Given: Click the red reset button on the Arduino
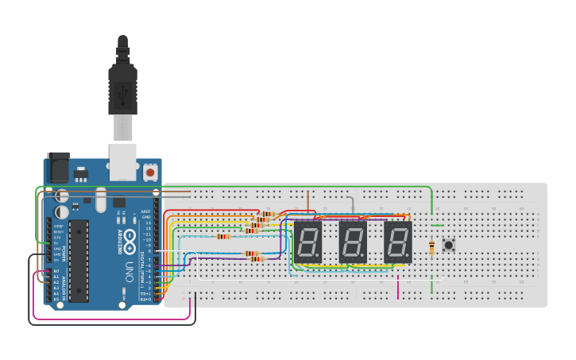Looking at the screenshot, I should [x=150, y=172].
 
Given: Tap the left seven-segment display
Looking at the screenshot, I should [x=308, y=242].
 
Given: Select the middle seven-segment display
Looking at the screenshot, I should [x=353, y=242].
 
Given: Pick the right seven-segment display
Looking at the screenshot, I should [x=398, y=242].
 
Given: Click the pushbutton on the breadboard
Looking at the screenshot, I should [x=449, y=245].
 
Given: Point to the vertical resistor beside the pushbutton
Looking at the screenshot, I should [x=431, y=248].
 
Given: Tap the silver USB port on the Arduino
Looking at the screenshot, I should [x=122, y=161].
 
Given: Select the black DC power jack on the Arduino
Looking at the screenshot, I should [x=58, y=168].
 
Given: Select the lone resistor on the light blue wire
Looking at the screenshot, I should [x=223, y=236].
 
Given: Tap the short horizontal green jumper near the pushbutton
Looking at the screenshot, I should [x=437, y=226].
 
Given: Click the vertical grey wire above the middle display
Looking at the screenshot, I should [x=353, y=206].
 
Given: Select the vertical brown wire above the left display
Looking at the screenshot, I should [x=308, y=203].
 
